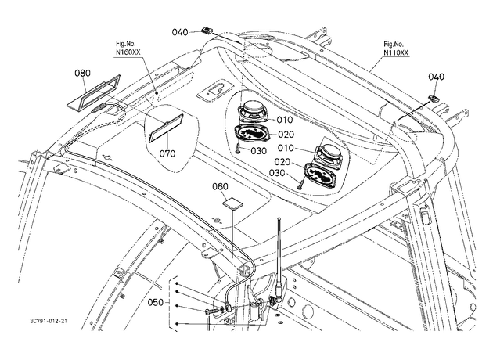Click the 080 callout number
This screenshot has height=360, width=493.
click(82, 73)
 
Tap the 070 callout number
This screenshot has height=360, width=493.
click(167, 153)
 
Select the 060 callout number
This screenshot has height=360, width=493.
click(220, 186)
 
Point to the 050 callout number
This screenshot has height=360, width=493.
click(156, 302)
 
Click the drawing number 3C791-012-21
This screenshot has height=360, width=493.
click(49, 321)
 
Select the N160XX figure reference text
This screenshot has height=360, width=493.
click(128, 52)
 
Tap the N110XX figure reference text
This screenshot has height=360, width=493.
click(396, 52)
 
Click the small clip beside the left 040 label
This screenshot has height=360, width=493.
click(207, 30)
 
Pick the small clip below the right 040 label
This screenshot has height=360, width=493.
click(434, 99)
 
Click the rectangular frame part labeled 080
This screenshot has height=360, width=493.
click(95, 92)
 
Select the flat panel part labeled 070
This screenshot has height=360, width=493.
click(166, 128)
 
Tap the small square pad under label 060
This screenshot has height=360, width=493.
click(233, 203)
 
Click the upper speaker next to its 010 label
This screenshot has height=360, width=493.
click(254, 111)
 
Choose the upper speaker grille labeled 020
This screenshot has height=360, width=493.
click(251, 134)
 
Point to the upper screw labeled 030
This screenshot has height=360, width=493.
click(238, 148)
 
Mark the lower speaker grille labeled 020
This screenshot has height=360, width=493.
click(320, 173)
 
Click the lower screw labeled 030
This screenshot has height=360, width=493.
click(301, 184)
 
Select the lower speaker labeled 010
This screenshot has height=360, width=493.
click(328, 153)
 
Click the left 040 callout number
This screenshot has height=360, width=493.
click(180, 32)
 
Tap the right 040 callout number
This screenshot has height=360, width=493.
click(437, 77)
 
